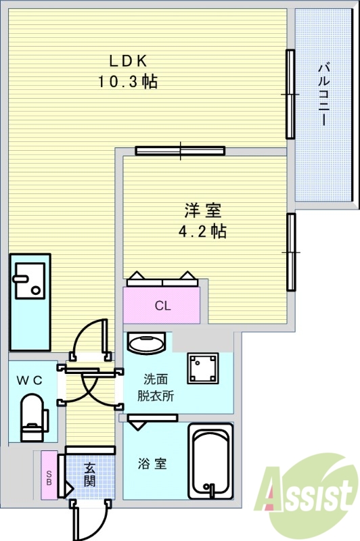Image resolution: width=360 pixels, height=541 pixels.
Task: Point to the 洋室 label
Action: point(202,210)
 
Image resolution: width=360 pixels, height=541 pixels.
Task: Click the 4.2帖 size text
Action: point(202,232)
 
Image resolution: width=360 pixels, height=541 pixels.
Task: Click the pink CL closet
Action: point(162,306)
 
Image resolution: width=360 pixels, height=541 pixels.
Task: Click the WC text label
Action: point(30,381)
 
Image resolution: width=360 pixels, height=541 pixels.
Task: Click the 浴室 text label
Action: point(153,464)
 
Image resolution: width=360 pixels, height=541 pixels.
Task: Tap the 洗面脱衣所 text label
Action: point(158,387)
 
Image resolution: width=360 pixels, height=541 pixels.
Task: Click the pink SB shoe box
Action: point(49,476)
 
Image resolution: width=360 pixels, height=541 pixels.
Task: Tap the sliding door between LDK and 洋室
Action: point(180,150)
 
